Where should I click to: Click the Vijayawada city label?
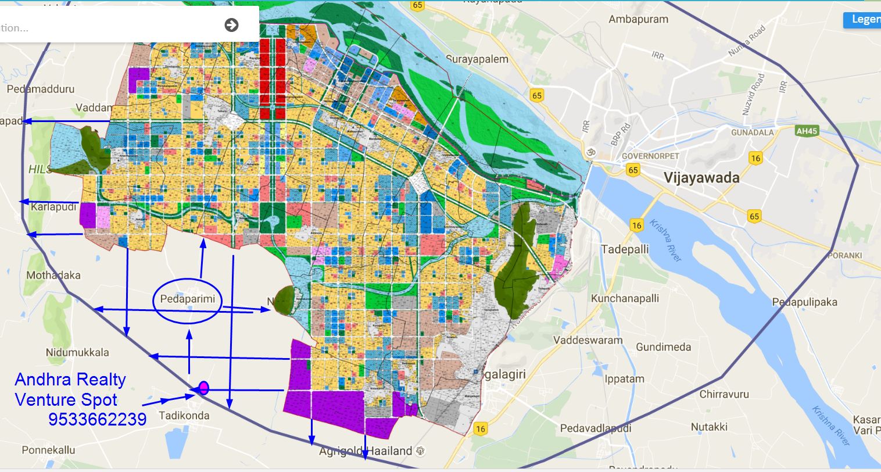click(x=701, y=177)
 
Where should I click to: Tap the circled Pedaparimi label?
click(x=187, y=300)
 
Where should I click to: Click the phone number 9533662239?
click(x=97, y=419)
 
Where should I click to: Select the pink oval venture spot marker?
click(x=203, y=388)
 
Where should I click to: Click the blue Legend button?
click(x=863, y=19)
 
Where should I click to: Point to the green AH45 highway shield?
click(x=807, y=131)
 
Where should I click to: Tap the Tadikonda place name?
click(x=184, y=416)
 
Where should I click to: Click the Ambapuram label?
click(x=638, y=19)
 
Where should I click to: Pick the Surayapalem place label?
click(x=477, y=59)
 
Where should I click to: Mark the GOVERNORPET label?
click(x=650, y=156)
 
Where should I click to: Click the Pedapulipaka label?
click(x=804, y=302)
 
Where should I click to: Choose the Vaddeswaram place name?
click(x=588, y=340)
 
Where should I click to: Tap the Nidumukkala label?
click(x=77, y=352)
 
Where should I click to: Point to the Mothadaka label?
click(x=53, y=275)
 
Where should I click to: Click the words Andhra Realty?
click(x=70, y=380)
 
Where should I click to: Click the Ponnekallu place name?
click(x=49, y=450)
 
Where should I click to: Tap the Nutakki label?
click(x=709, y=427)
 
